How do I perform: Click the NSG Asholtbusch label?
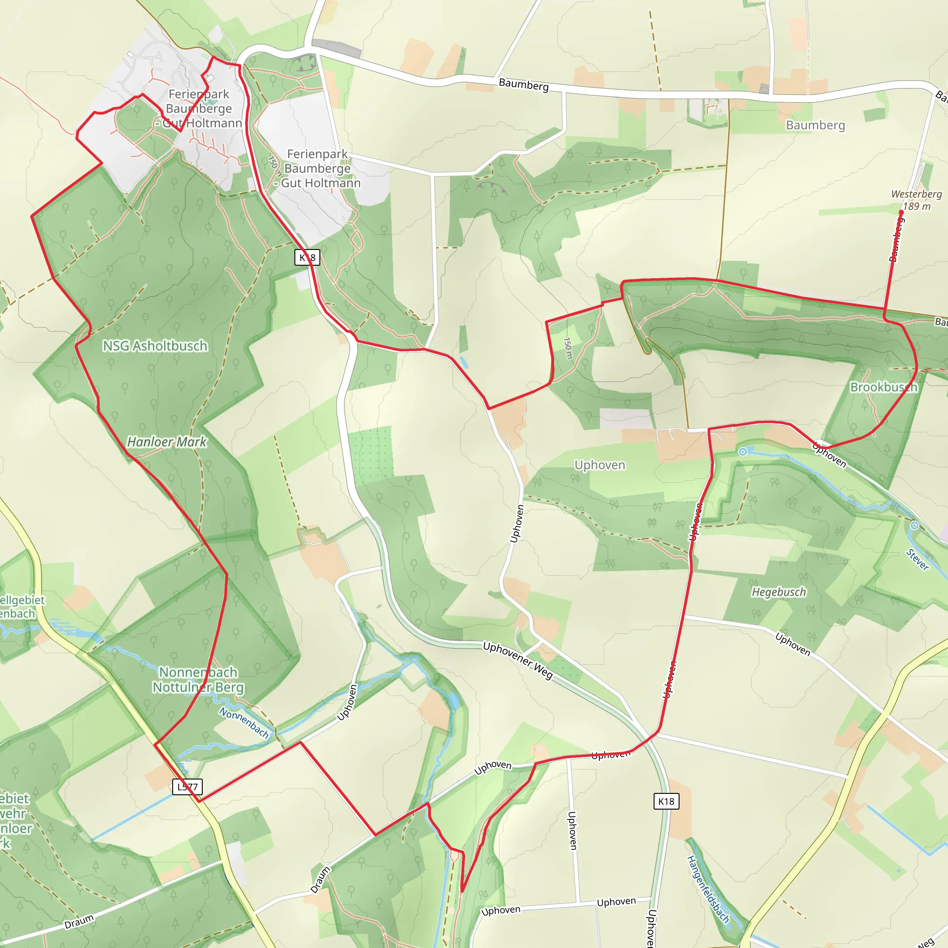155,346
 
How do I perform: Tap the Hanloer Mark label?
167,442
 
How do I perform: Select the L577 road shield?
188,786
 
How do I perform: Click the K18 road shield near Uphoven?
667,801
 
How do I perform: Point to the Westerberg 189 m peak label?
916,200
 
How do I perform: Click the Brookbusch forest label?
884,387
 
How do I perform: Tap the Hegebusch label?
779,592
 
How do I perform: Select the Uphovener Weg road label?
518,661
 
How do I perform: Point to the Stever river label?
917,559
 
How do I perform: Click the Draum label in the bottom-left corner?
79,922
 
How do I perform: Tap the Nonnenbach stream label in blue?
244,722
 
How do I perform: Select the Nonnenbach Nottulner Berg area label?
198,680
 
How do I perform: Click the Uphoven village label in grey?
599,465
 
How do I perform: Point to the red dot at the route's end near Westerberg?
901,212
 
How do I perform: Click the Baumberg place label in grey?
816,125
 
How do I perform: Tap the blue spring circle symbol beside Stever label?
915,525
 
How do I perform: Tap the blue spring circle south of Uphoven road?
743,451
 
